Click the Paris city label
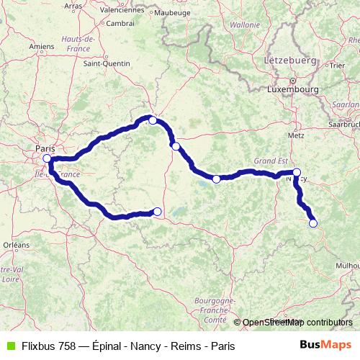click(45, 149)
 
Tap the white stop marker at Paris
click(47, 158)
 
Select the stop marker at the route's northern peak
click(153, 120)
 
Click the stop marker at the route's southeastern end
click(313, 223)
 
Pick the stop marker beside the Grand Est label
click(297, 172)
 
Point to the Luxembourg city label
click(292, 90)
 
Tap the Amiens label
click(42, 47)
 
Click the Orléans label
click(16, 245)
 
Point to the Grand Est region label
click(270, 162)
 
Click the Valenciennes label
click(122, 10)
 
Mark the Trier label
click(336, 66)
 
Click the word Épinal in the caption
click(107, 346)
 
